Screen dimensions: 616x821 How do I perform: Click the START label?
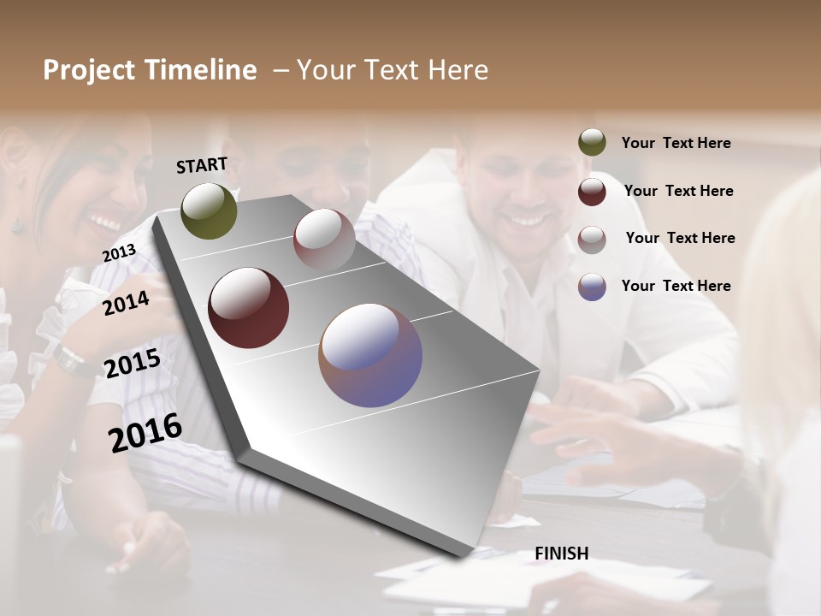coord(202,165)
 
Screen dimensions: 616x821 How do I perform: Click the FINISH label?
coord(561,554)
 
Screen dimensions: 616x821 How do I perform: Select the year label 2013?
coord(119,253)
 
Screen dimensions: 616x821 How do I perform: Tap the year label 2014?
coord(126,303)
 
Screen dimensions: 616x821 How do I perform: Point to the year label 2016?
coord(145,433)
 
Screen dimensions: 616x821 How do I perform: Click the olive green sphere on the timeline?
coord(209,210)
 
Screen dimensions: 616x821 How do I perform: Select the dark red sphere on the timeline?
coord(248,308)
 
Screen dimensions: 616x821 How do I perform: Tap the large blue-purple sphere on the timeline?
coord(370,355)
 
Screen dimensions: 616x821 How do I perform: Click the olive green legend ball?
coord(592,143)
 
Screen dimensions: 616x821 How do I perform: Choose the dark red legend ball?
coord(592,192)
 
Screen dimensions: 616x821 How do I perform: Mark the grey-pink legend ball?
coord(592,239)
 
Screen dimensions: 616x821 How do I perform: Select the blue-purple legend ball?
coord(592,287)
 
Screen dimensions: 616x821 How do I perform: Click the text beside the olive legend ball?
coord(676,143)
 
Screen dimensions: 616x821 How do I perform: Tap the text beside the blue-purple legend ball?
coord(676,286)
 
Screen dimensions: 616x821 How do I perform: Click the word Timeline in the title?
coord(200,70)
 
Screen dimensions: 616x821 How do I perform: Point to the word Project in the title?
coord(89,70)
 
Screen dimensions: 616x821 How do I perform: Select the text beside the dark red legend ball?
coord(678,191)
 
